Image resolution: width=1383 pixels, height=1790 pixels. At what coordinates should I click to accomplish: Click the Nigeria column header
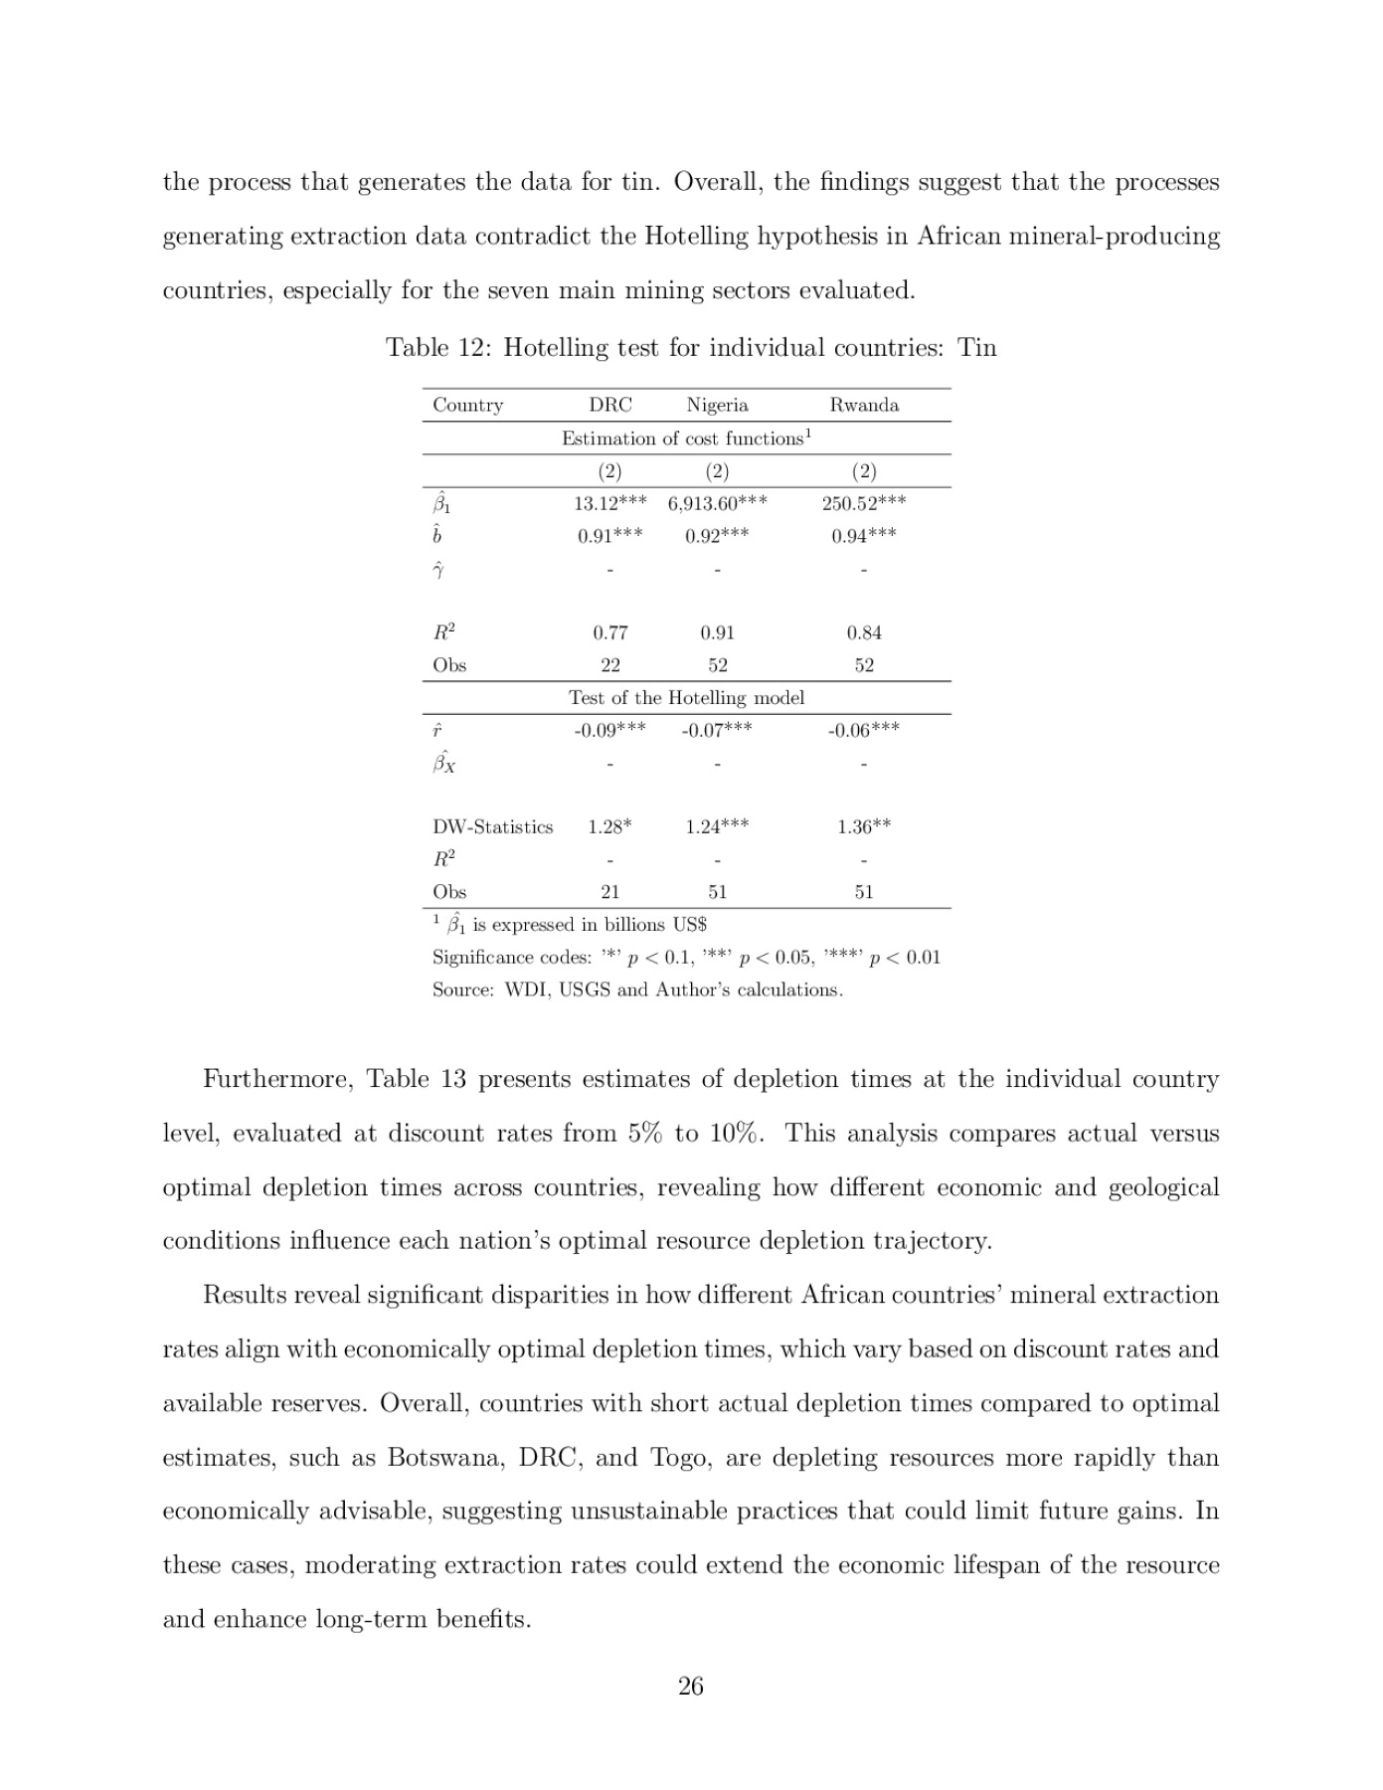(x=717, y=405)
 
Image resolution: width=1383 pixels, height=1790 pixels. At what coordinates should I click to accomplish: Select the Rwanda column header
(x=863, y=405)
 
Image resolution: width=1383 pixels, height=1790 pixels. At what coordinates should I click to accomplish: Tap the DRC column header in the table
(x=609, y=405)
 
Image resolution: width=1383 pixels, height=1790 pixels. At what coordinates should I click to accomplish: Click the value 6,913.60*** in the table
(x=717, y=503)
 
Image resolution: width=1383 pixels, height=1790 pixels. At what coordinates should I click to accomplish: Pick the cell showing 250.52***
(x=863, y=503)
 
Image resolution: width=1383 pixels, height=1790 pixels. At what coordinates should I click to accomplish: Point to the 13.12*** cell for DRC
(x=609, y=503)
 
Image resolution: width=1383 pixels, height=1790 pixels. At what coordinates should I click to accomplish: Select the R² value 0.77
(x=609, y=632)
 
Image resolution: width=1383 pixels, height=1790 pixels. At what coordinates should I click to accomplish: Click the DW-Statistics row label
(x=492, y=826)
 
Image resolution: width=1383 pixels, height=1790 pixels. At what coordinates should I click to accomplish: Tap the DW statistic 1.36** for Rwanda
(x=863, y=826)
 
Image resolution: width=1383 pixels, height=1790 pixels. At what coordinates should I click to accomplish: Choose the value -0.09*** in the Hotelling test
(x=609, y=730)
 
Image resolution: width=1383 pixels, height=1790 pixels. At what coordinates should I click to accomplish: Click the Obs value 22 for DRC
(x=609, y=665)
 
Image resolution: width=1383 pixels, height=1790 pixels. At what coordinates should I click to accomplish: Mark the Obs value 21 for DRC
(x=609, y=892)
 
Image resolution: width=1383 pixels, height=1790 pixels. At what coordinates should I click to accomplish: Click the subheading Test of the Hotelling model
(x=686, y=698)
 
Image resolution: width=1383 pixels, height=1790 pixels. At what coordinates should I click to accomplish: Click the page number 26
(x=690, y=1686)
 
